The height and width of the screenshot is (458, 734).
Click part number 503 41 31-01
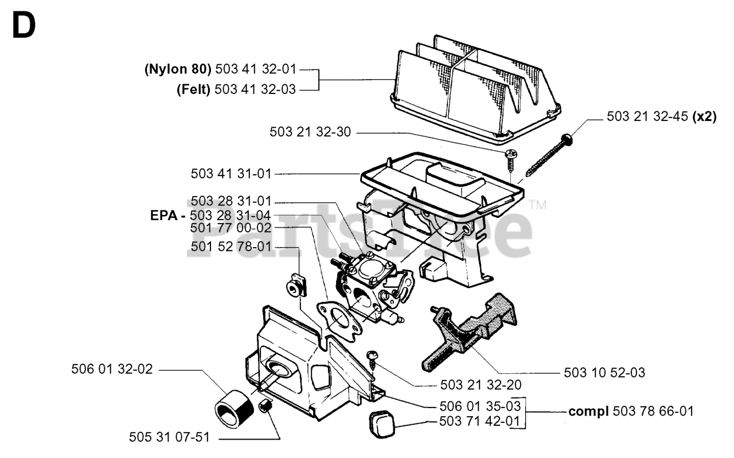[231, 173]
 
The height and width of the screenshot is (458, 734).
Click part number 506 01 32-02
[112, 369]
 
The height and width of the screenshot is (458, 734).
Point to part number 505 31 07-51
[169, 439]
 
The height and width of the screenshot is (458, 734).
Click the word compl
[588, 411]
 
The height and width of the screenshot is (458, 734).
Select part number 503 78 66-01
[653, 411]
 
